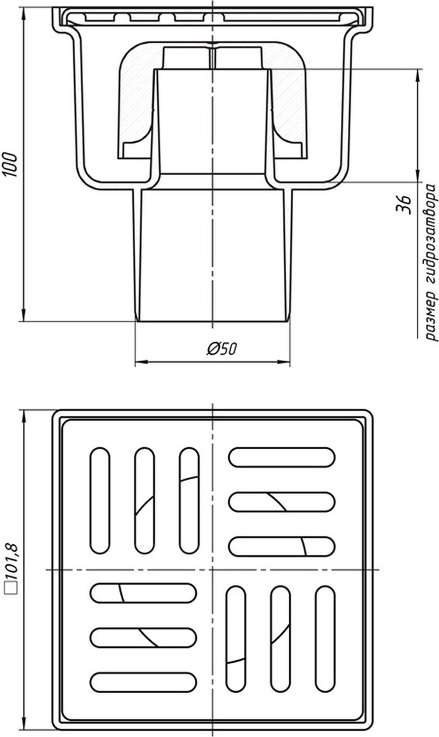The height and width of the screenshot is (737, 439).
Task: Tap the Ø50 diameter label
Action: pos(222,349)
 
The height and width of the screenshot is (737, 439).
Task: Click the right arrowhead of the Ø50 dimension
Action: pos(284,362)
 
